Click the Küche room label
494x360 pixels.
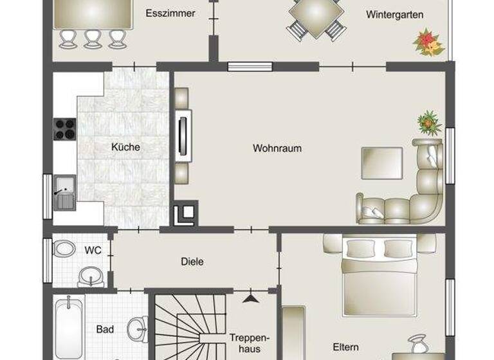(125, 147)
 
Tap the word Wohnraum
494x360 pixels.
(277, 148)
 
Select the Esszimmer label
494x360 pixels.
(170, 14)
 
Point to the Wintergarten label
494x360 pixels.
(395, 14)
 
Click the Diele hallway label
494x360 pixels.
(192, 262)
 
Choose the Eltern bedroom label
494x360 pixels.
(345, 347)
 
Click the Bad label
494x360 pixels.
(105, 330)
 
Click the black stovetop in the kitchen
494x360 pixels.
(64, 129)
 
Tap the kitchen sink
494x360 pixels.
(64, 192)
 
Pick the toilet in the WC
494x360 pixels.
(64, 249)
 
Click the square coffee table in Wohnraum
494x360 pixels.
(381, 163)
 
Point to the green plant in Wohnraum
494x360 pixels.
(428, 121)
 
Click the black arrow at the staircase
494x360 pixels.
(251, 298)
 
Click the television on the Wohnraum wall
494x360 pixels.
(183, 134)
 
